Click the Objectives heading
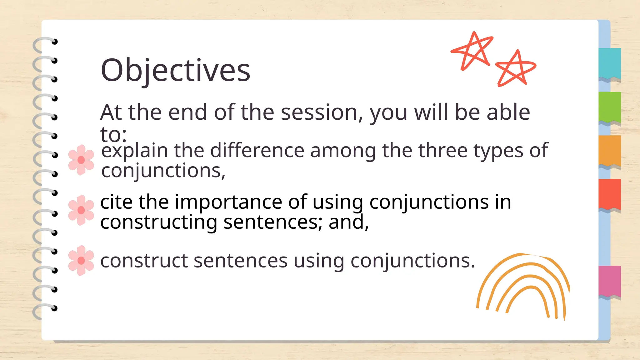tap(175, 71)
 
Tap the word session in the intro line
tap(319, 112)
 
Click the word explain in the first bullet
tap(135, 151)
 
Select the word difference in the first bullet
tap(257, 151)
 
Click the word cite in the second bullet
tap(117, 202)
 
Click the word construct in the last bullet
tap(144, 261)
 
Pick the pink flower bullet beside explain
tap(81, 160)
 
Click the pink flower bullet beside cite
tap(81, 210)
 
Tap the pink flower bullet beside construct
tap(81, 260)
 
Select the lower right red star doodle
tap(515, 68)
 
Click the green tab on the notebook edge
tap(610, 107)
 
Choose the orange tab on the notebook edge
tap(610, 151)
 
